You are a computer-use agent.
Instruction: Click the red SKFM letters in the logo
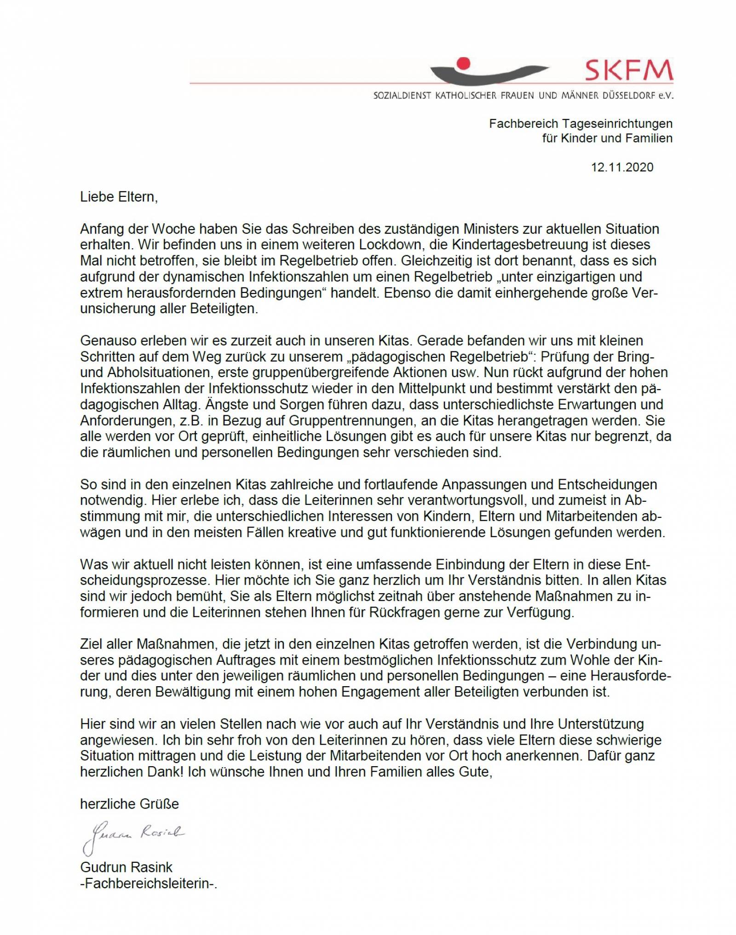(x=629, y=71)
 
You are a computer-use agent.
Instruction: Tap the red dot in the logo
(x=466, y=62)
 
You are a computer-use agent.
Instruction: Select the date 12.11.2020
(x=622, y=167)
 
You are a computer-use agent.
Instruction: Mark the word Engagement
(x=407, y=692)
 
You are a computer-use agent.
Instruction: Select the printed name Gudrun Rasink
(x=126, y=867)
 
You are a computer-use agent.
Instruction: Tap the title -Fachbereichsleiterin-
(x=148, y=883)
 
